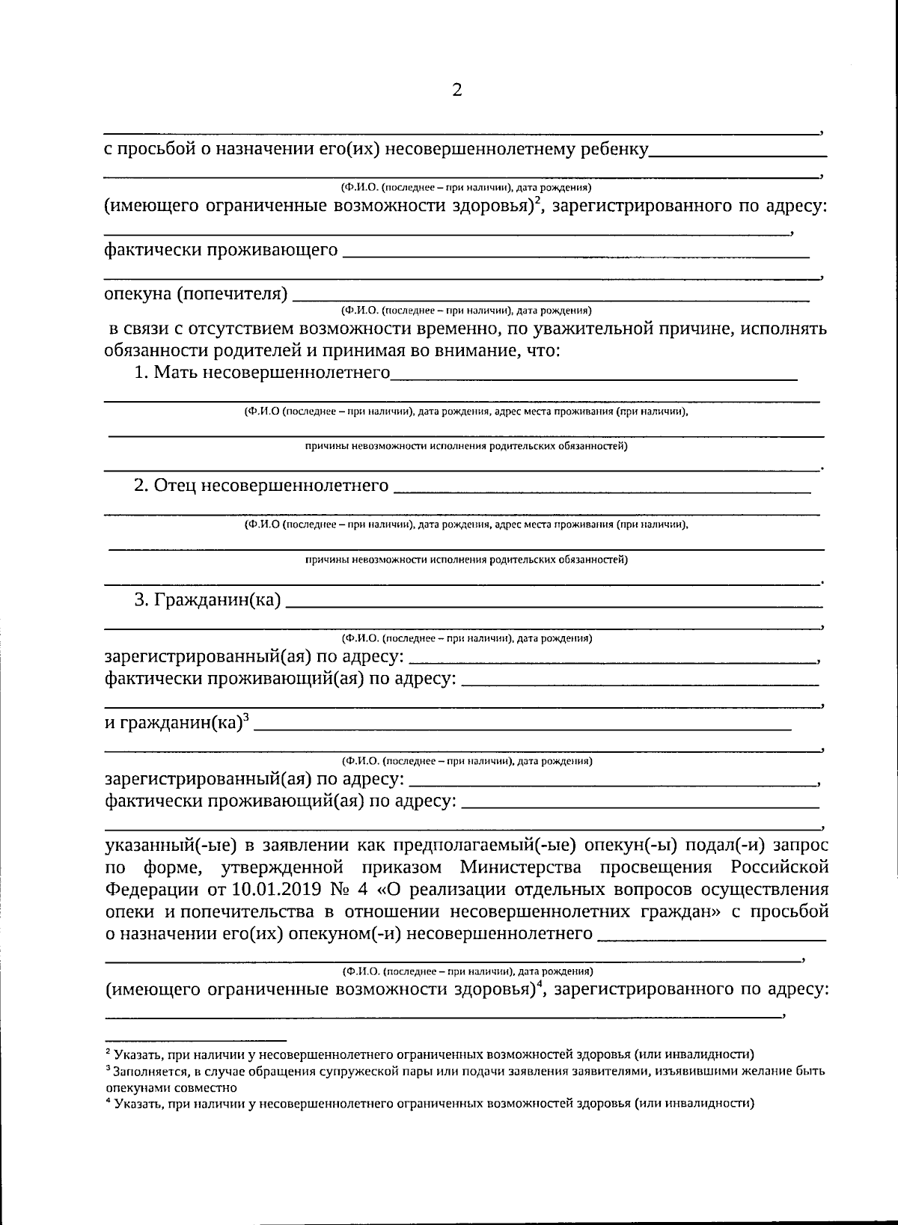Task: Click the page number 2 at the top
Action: coord(457,91)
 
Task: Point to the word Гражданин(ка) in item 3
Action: coord(217,599)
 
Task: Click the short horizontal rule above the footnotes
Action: coord(195,1040)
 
